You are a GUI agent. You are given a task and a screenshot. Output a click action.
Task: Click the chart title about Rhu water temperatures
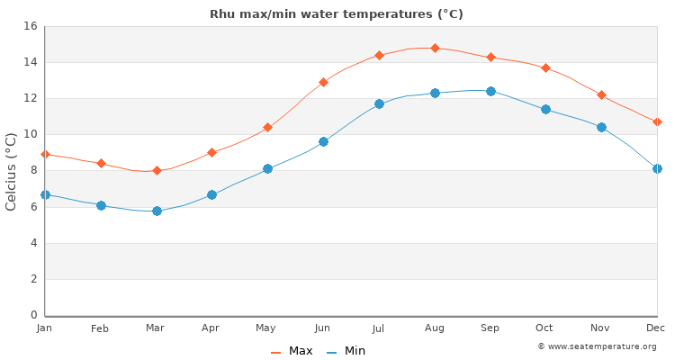click(337, 14)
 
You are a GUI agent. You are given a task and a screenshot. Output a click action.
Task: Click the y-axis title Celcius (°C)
click(12, 171)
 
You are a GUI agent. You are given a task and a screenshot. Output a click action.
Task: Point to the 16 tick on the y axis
click(29, 26)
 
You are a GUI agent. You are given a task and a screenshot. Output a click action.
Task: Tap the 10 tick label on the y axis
click(29, 134)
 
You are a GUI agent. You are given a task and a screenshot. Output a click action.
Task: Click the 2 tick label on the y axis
click(32, 279)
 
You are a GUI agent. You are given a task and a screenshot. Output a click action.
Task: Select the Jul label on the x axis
click(379, 328)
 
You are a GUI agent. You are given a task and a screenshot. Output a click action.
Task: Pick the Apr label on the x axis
click(211, 328)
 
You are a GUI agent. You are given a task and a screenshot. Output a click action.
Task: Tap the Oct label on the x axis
click(545, 328)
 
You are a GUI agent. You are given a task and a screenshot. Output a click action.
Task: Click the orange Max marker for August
click(435, 48)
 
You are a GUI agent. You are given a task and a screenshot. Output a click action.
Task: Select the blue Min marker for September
click(490, 91)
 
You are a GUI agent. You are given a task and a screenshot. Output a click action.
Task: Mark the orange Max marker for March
click(157, 170)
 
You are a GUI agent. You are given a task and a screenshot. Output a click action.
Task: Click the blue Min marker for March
click(157, 211)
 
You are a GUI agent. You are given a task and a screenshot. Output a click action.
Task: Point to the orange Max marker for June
click(323, 82)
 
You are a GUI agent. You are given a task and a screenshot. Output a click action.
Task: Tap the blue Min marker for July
click(379, 103)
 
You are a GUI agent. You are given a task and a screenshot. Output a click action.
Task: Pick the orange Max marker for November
click(601, 94)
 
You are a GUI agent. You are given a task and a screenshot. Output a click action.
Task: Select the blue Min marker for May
click(267, 168)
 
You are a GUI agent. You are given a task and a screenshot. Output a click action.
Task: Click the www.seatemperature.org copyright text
click(598, 346)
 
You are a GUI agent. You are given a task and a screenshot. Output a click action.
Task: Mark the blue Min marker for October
click(545, 109)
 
